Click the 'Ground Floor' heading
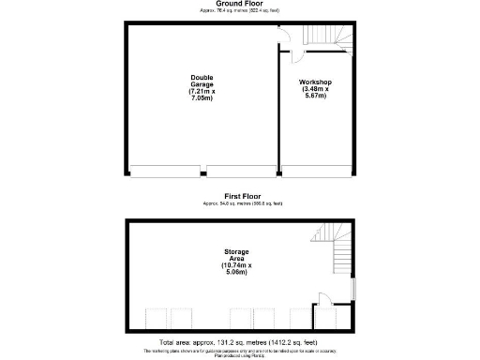coord(240,4)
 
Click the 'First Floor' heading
coord(240,196)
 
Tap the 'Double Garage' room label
coord(202,81)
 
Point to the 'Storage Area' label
coord(236,257)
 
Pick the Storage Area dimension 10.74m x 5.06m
coord(236,271)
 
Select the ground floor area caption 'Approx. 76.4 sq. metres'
coord(240,10)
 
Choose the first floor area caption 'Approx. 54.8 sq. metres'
coord(240,202)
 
